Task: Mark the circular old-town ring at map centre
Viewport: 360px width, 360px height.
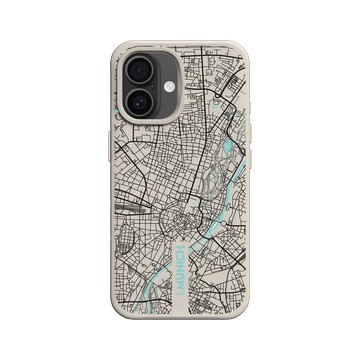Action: [x=183, y=222]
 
